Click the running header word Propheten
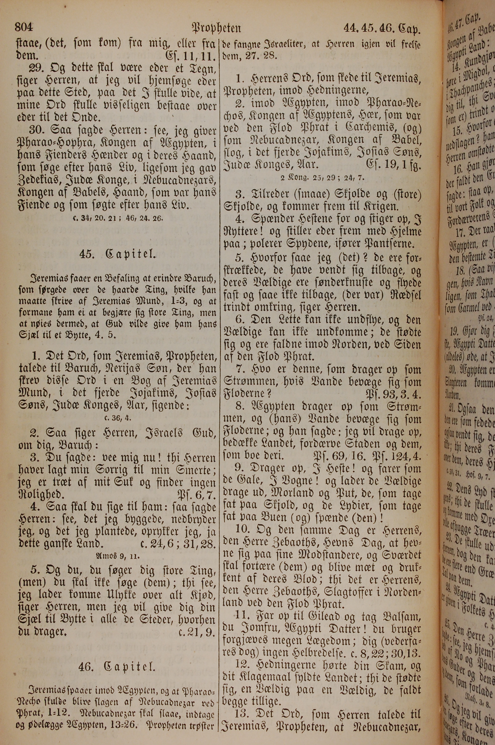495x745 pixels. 216,29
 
